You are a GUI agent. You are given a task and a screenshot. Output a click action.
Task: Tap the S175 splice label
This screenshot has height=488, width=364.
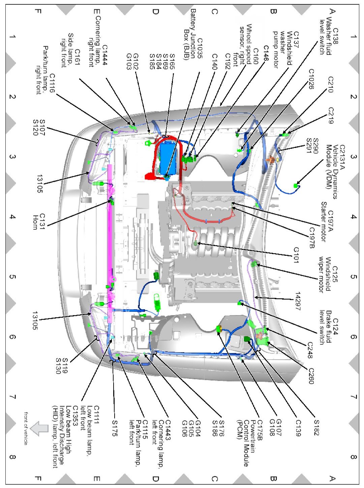pos(115,428)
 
